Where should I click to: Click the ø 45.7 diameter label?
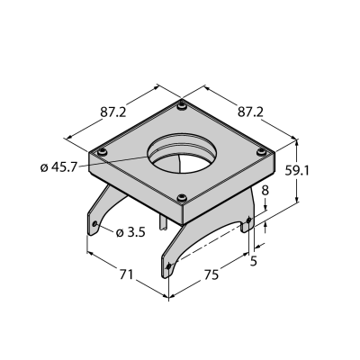point(58,167)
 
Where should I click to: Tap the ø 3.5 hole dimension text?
point(130,232)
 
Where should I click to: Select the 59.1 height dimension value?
point(297,171)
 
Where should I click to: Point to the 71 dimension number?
point(126,274)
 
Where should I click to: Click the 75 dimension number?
point(211,274)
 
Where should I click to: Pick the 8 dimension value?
point(265,191)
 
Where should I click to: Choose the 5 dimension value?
point(254,261)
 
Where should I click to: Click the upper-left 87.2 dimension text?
point(112,112)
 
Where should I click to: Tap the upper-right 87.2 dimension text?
point(250,112)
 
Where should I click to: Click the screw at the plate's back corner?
point(182,106)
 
